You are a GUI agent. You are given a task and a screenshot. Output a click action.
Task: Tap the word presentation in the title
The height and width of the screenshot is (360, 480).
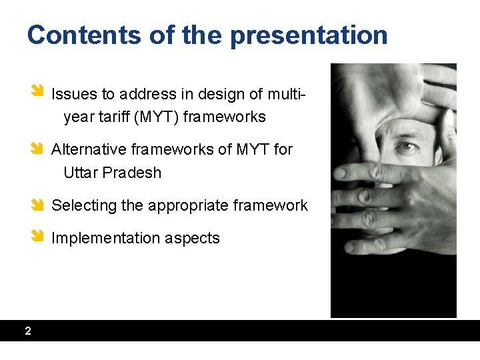[x=309, y=35]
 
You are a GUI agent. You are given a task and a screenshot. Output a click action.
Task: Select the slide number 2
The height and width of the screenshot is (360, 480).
[x=27, y=331]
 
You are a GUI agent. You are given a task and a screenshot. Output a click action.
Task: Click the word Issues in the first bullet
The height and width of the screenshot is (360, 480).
[x=72, y=94]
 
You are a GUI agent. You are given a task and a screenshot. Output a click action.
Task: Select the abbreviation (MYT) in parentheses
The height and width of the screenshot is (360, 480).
[x=156, y=117]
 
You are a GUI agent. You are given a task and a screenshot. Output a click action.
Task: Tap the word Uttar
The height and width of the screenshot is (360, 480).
[x=79, y=173]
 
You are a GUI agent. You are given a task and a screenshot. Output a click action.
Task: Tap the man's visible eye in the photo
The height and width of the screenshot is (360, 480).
[x=404, y=145]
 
